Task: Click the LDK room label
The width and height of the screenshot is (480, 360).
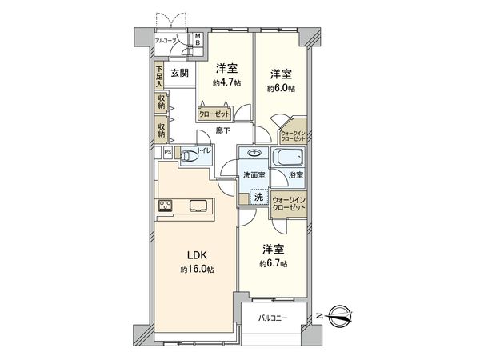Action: point(198,255)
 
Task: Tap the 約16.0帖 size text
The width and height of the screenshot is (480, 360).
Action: point(198,270)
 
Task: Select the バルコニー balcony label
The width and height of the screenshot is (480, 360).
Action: point(274,320)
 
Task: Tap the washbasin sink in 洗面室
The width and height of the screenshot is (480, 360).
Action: point(255,154)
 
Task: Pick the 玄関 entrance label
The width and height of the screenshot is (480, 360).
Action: point(179,74)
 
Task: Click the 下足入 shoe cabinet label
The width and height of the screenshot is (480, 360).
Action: point(160,76)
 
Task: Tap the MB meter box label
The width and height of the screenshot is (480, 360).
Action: point(199,41)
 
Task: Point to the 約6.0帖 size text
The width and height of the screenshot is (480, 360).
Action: point(281,87)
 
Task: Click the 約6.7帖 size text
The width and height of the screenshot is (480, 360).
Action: point(273,263)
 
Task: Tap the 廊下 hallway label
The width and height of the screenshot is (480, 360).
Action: point(224,130)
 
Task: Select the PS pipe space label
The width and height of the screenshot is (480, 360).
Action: point(167,151)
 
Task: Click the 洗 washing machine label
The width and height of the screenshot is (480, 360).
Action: point(258,197)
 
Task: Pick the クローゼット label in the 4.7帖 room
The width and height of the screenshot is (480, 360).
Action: point(215,113)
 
